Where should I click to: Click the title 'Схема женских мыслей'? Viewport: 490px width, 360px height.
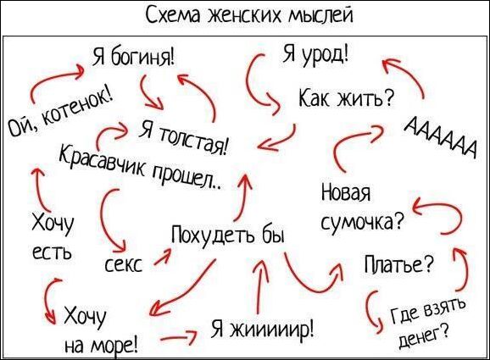[x=249, y=15]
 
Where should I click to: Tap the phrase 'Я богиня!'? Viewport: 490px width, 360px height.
[x=133, y=58]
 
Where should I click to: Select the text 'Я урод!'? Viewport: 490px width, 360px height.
[x=315, y=54]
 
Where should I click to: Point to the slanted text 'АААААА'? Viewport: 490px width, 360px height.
[x=440, y=136]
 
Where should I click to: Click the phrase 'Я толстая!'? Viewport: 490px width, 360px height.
[x=184, y=138]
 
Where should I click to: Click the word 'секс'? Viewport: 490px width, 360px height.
[x=123, y=265]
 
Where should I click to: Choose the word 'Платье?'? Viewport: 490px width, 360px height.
[x=399, y=264]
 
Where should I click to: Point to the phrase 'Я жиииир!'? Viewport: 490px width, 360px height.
[x=263, y=330]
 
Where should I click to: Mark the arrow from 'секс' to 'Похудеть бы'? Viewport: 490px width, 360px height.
[x=163, y=258]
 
